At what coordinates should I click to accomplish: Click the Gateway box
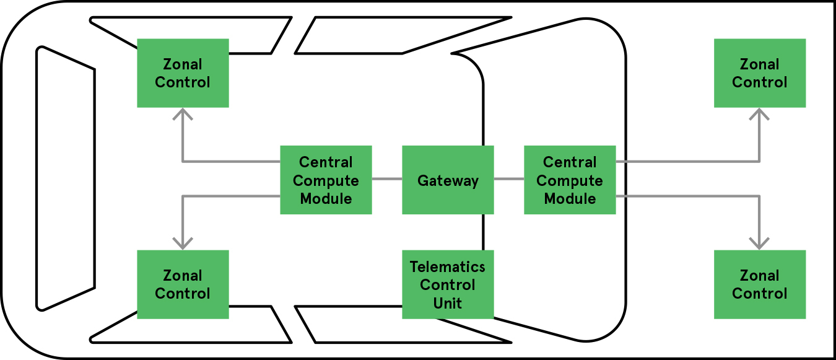pyautogui.click(x=448, y=180)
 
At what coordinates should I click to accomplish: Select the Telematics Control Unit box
pyautogui.click(x=448, y=284)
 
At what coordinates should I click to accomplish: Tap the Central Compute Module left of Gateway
pyautogui.click(x=326, y=180)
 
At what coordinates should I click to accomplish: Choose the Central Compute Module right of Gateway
pyautogui.click(x=570, y=180)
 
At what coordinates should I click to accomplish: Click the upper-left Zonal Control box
pyautogui.click(x=183, y=73)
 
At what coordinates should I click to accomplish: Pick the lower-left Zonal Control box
pyautogui.click(x=183, y=284)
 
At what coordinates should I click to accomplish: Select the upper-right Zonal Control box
pyautogui.click(x=760, y=73)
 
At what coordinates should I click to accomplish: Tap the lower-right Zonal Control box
pyautogui.click(x=760, y=284)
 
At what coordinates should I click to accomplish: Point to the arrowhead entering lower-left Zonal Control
pyautogui.click(x=183, y=244)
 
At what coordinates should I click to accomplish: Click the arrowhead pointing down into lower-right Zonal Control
pyautogui.click(x=760, y=244)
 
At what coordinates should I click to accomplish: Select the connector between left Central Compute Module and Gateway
pyautogui.click(x=387, y=180)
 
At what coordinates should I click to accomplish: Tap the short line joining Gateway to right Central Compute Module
pyautogui.click(x=509, y=180)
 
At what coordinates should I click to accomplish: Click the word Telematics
pyautogui.click(x=448, y=267)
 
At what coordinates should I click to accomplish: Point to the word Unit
pyautogui.click(x=448, y=303)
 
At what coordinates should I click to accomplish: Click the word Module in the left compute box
pyautogui.click(x=326, y=199)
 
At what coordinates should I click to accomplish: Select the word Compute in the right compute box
pyautogui.click(x=570, y=181)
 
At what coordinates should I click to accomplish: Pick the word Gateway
pyautogui.click(x=448, y=181)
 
